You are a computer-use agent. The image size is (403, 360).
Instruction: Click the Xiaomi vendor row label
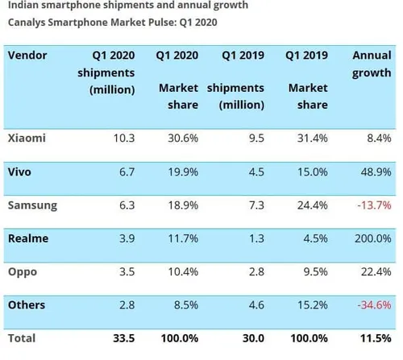pos(26,138)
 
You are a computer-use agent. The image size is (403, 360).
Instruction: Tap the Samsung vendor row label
pos(32,205)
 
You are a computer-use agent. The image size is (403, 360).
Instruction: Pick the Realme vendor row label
pos(28,238)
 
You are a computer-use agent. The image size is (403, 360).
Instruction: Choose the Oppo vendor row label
pos(23,272)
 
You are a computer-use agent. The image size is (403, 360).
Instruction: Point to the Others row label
pos(27,305)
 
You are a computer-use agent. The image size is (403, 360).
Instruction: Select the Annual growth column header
pos(372,65)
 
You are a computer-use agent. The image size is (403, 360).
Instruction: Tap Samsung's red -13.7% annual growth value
pos(374,205)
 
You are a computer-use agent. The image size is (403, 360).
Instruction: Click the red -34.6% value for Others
pos(374,305)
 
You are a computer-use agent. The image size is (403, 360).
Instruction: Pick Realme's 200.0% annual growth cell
pos(374,238)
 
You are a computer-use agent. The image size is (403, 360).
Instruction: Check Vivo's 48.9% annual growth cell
pos(375,172)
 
